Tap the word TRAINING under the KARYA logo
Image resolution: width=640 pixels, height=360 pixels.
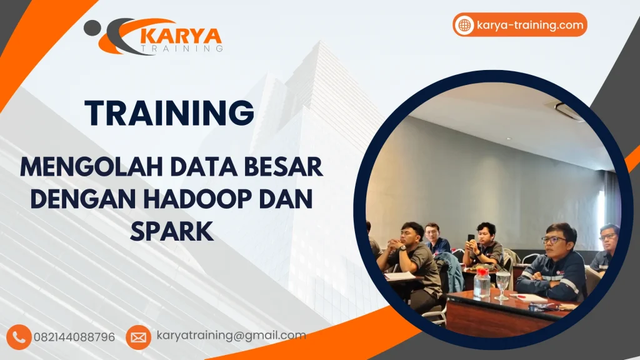coord(182,49)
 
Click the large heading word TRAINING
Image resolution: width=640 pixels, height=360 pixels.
coord(169,112)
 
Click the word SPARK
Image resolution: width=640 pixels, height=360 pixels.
coord(172,231)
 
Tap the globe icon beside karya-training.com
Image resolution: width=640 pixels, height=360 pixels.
coord(464,26)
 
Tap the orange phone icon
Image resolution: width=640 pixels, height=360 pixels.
coord(19,337)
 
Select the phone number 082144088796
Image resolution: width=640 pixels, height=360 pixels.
coord(74,337)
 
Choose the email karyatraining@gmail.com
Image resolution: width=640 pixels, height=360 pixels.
coord(231,336)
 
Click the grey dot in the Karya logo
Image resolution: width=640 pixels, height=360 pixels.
coord(91,27)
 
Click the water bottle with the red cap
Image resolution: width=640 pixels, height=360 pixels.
coord(481,282)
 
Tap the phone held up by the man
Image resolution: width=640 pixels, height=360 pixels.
coord(471,238)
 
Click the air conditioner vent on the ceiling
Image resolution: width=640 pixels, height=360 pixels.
coord(569,111)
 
